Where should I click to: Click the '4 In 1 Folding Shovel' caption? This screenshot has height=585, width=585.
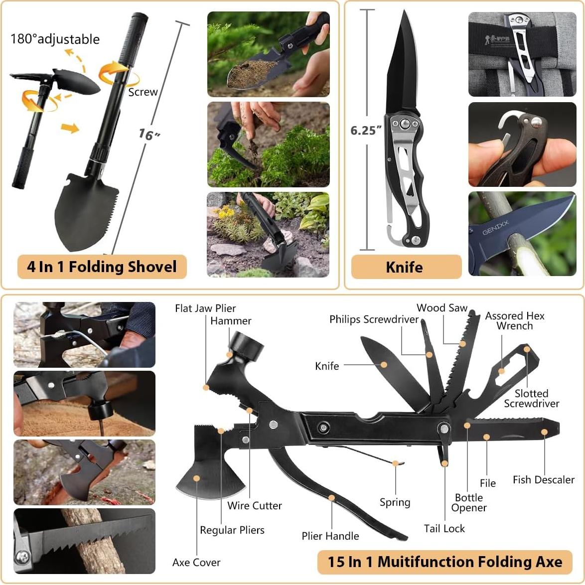[x=102, y=267]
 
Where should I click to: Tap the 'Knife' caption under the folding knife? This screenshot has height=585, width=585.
[x=404, y=267]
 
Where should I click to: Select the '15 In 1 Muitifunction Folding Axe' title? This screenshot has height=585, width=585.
[x=444, y=562]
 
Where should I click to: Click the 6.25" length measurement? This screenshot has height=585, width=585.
[x=366, y=131]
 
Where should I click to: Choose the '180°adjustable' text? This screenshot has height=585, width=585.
[x=55, y=39]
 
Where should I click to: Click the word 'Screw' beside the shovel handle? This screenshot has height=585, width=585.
[x=143, y=92]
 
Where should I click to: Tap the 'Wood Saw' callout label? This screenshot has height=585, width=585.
[x=442, y=308]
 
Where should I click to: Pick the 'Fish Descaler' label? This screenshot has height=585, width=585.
[x=543, y=479]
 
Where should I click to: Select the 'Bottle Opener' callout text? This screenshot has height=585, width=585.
[x=468, y=502]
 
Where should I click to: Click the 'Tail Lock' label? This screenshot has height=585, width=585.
[x=444, y=528]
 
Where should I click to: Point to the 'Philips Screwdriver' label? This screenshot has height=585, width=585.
[x=374, y=319]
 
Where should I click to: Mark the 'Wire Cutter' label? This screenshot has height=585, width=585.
[x=255, y=505]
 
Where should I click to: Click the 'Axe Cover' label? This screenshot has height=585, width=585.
[x=196, y=563]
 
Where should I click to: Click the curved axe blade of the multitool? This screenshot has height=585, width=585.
[x=209, y=481]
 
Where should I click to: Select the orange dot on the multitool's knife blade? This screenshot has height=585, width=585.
[x=384, y=365]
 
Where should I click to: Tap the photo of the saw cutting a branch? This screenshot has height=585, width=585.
[x=84, y=541]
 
